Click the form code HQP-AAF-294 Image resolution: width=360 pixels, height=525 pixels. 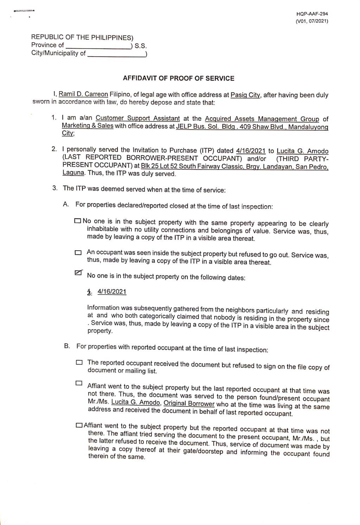click(312, 14)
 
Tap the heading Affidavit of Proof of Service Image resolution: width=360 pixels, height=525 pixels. click(179, 78)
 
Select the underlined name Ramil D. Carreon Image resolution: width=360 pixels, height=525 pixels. click(83, 94)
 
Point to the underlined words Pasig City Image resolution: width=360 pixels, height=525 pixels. click(245, 95)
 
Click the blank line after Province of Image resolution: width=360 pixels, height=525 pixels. click(98, 46)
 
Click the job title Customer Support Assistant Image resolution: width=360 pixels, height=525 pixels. click(137, 119)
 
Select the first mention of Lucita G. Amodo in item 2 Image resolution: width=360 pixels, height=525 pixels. click(302, 151)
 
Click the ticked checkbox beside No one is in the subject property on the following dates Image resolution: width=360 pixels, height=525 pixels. click(78, 273)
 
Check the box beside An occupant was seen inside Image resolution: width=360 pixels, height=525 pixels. click(78, 253)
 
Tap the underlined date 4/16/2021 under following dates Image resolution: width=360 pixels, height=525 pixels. click(112, 292)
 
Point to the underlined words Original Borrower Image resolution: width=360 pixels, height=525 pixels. click(189, 404)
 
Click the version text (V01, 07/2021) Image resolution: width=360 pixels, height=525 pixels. click(312, 21)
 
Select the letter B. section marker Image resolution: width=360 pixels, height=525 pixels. click(67, 346)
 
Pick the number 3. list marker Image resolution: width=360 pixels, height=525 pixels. click(55, 188)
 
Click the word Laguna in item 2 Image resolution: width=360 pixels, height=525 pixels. click(73, 173)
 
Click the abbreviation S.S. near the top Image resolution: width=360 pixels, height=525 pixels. click(141, 46)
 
